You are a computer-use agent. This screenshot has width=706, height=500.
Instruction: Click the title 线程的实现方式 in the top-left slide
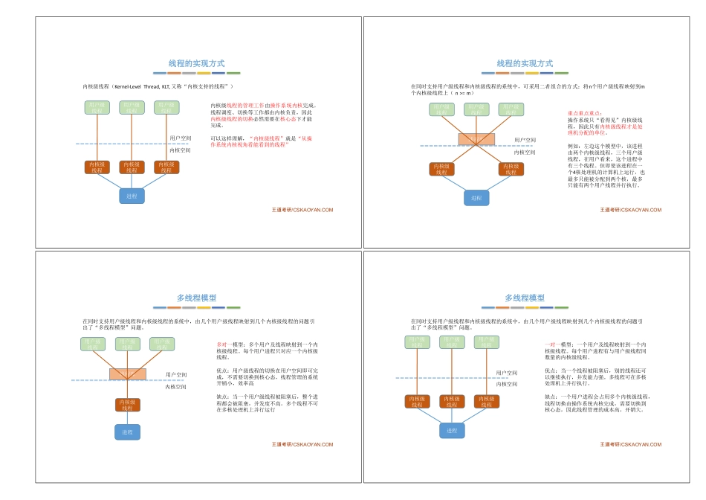[x=196, y=64]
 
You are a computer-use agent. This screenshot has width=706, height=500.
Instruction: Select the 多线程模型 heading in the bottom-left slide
[x=196, y=298]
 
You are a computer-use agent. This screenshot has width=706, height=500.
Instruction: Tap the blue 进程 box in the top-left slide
[x=132, y=196]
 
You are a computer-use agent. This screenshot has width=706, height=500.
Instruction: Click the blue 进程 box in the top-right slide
[x=476, y=198]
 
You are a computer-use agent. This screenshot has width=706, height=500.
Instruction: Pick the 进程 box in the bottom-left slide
[x=127, y=432]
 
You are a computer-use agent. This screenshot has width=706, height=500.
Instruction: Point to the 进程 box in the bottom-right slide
[x=451, y=430]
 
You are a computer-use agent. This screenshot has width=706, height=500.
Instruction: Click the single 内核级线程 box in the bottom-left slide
[x=127, y=405]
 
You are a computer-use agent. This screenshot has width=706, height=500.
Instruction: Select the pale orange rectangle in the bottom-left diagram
[x=128, y=374]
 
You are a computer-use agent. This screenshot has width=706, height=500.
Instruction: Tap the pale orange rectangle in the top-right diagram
[x=476, y=139]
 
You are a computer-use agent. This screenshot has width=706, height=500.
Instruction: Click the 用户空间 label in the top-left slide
[x=180, y=138]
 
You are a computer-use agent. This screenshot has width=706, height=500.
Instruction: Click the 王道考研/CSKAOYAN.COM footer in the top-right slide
[x=630, y=210]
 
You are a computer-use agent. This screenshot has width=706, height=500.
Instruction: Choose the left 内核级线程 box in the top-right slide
[x=441, y=169]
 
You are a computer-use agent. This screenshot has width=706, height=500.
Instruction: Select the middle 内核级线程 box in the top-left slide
[x=132, y=167]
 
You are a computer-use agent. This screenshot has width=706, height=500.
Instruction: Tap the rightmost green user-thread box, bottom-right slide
[x=485, y=342]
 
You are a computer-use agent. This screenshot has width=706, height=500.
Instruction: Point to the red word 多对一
[x=222, y=344]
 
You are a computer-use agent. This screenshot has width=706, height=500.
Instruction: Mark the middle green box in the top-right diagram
[x=476, y=109]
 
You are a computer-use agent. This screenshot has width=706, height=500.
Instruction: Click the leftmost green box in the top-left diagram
[x=97, y=108]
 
